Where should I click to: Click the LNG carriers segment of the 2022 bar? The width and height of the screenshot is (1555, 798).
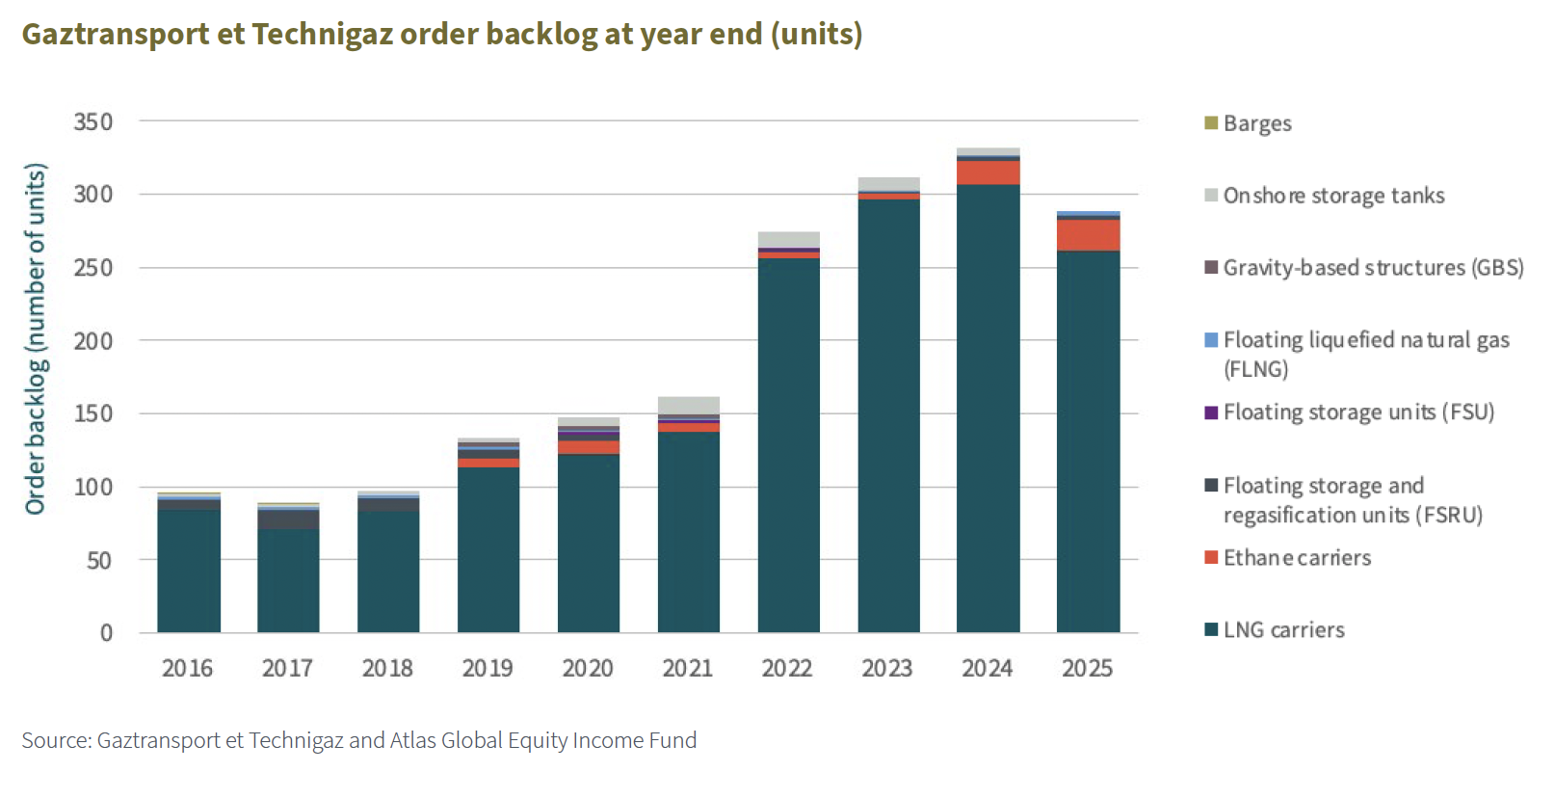click(788, 443)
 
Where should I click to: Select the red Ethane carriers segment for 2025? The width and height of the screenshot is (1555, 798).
click(1088, 235)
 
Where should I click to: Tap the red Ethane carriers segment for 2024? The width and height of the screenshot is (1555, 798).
click(988, 173)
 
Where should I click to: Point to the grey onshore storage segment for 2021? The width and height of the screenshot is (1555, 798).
click(688, 405)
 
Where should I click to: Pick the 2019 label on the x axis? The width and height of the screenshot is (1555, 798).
click(488, 668)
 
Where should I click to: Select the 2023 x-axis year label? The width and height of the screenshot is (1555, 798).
click(887, 668)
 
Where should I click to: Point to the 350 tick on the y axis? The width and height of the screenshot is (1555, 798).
click(93, 122)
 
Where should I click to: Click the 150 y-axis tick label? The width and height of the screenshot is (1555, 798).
click(93, 413)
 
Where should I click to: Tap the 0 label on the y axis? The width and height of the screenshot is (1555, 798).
click(106, 633)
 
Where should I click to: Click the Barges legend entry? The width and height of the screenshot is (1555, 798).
click(1256, 123)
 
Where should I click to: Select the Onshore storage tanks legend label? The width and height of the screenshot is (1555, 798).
click(1333, 196)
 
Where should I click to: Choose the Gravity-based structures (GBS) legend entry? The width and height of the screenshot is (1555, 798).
click(1373, 268)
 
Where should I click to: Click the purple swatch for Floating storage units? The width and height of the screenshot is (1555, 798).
click(1212, 412)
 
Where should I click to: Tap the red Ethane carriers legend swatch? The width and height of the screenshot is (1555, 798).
click(1212, 558)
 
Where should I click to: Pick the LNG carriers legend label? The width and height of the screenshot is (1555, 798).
click(1283, 630)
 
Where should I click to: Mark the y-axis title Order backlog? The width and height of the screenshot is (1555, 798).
click(36, 339)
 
